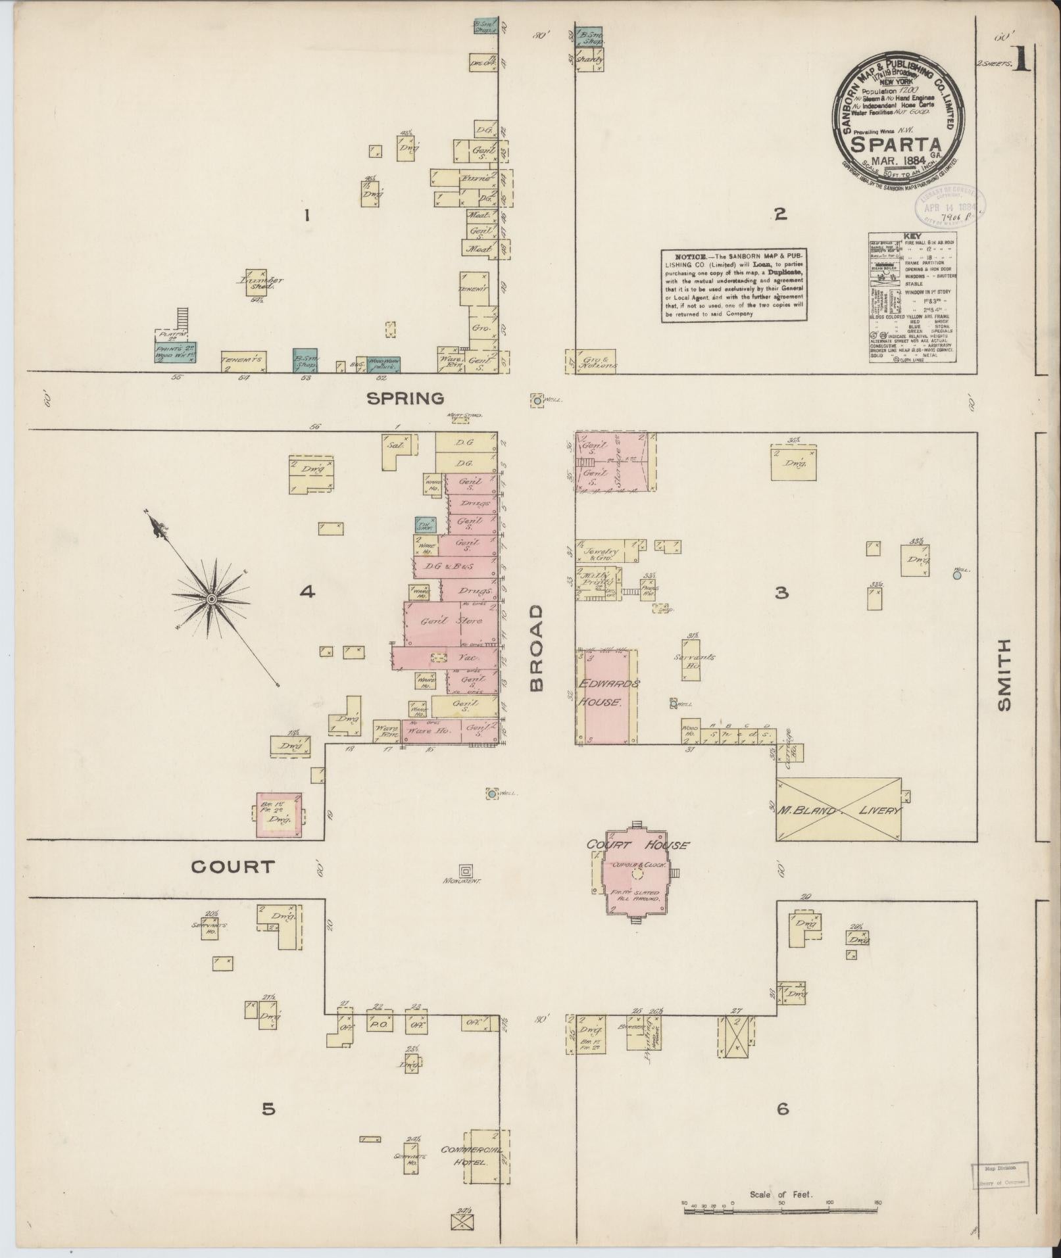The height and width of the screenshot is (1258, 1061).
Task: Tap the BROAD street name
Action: (536, 648)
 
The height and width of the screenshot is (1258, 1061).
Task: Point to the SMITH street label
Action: (1004, 676)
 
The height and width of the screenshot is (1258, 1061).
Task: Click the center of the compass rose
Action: (212, 599)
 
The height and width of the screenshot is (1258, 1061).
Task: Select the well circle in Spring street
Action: (537, 400)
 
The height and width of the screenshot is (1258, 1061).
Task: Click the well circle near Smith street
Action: (957, 575)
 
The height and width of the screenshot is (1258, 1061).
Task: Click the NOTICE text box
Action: (735, 285)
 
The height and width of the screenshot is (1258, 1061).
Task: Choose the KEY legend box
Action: (912, 296)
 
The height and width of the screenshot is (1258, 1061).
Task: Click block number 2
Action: (780, 213)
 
